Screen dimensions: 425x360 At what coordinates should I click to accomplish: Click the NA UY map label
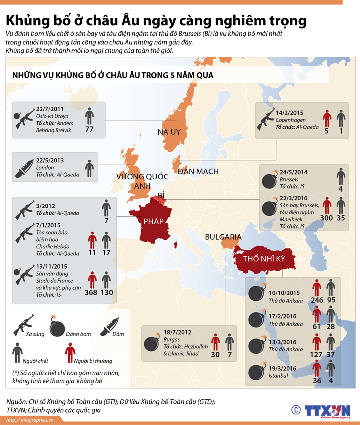click(x=168, y=132)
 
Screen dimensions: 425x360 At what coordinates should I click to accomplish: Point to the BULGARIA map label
click(x=224, y=237)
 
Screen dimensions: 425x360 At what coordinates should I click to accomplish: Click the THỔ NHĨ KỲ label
click(x=264, y=260)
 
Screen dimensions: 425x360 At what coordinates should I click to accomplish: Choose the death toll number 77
click(x=89, y=129)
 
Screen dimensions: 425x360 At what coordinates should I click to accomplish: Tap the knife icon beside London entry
click(x=23, y=167)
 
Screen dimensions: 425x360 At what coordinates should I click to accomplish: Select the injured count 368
click(x=91, y=292)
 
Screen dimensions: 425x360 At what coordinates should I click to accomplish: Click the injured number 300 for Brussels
click(x=327, y=218)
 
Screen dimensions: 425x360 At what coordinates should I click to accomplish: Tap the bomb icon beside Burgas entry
click(x=150, y=343)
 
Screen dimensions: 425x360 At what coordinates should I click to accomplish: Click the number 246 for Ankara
click(x=317, y=300)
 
